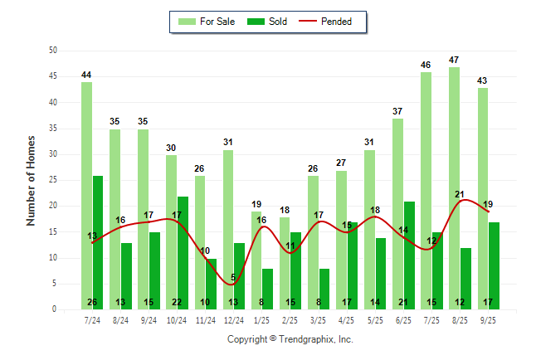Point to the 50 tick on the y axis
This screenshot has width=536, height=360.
[x=52, y=51]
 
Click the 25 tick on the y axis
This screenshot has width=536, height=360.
[x=52, y=180]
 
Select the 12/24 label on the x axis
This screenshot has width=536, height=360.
[x=234, y=319]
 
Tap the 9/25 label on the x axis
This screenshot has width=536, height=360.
[x=489, y=319]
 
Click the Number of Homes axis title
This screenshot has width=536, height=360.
[x=31, y=180]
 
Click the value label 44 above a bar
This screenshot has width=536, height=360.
[x=86, y=75]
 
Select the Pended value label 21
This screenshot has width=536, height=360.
[x=459, y=194]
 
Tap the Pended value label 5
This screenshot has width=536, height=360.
[x=233, y=278]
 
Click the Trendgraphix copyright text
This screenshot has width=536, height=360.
[x=290, y=339]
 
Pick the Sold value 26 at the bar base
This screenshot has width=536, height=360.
[x=92, y=302]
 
